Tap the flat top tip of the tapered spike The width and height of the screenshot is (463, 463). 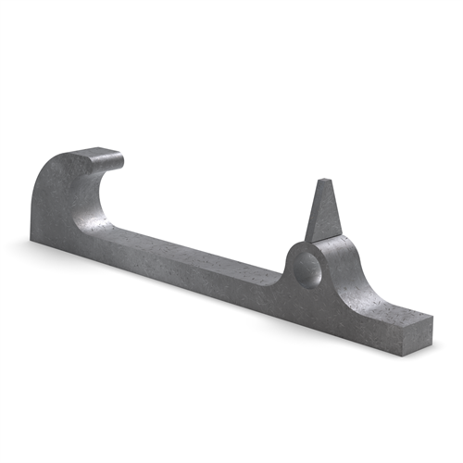[x=324, y=181]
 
